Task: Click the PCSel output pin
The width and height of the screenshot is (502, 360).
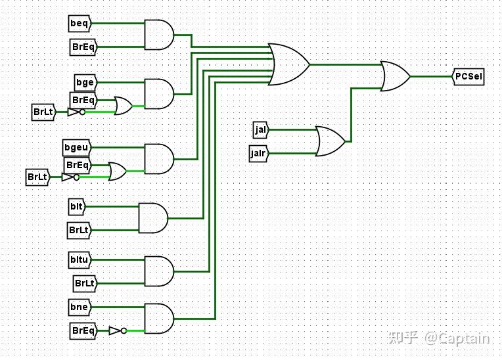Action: tap(468, 77)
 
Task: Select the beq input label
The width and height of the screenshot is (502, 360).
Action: tap(80, 24)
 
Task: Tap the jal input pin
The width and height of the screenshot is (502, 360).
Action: tap(260, 129)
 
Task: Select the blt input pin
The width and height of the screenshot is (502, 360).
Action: tap(77, 206)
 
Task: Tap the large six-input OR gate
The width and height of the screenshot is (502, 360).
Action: tap(288, 64)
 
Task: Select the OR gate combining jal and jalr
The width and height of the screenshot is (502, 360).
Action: tap(330, 141)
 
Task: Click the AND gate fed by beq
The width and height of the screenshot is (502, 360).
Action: tap(158, 35)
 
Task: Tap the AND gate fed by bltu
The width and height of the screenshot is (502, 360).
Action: tap(158, 271)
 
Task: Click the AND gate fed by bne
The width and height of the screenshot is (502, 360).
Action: tap(158, 318)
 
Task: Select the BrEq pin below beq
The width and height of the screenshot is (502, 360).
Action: tap(83, 47)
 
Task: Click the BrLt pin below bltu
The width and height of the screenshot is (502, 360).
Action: tap(85, 283)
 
